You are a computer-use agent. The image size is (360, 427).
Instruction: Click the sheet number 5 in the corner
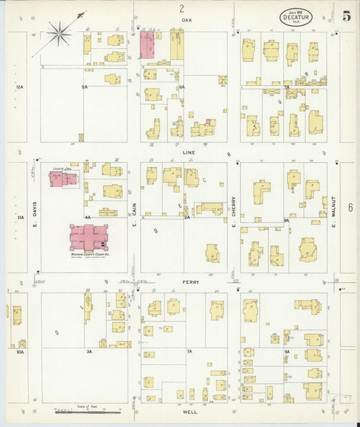(346, 16)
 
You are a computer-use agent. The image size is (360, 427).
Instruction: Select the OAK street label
(187, 21)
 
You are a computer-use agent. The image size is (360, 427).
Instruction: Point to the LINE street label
(188, 153)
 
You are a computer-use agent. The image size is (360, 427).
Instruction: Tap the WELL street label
(190, 410)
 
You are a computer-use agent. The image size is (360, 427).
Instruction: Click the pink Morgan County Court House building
(88, 238)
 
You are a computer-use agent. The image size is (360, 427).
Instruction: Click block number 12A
(20, 87)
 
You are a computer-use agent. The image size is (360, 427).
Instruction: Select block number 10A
(20, 352)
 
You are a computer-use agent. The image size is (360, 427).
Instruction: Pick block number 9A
(286, 351)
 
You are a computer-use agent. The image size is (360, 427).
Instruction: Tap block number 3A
(88, 352)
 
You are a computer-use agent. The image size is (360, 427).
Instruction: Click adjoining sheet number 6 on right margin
(350, 207)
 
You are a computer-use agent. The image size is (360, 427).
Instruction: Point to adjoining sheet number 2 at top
(181, 9)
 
